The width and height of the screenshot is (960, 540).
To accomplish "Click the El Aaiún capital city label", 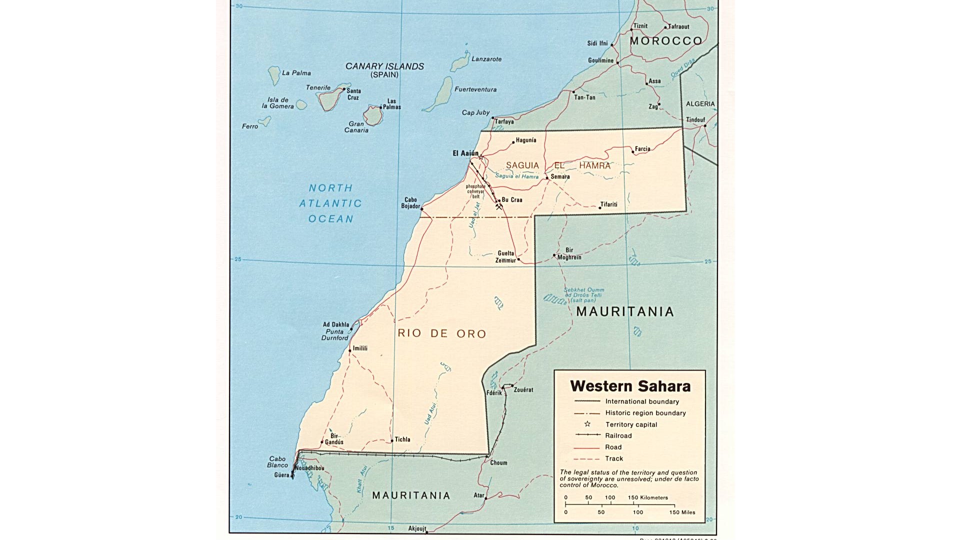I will pos(465,153).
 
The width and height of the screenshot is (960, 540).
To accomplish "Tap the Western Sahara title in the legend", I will pos(630,386).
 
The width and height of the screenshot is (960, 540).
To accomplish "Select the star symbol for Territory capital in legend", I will pos(587,424).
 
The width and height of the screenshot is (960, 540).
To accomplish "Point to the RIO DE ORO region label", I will pos(441,333).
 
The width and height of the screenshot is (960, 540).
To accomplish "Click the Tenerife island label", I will pos(318,87).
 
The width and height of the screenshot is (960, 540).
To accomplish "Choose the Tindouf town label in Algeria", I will pos(695,119).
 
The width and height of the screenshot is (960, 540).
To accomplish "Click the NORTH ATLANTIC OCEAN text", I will pos(330,203).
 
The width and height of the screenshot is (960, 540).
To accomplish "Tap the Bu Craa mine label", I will pos(512,199).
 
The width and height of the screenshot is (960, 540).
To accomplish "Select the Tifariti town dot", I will pos(600,207).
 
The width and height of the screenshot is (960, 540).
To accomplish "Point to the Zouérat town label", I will pos(523,389).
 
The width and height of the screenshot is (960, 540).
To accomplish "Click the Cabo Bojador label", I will pos(410,202).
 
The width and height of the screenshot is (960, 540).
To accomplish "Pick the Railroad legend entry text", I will pos(618,435).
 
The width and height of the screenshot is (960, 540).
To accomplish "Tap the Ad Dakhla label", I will pos(336,324).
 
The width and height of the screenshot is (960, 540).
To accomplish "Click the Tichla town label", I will pos(402,439).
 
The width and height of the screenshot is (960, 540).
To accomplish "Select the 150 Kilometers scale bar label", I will pos(647,497).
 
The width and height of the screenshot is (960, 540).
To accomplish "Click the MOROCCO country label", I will pos(665,41).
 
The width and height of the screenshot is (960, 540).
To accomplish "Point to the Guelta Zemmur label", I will pos(505,256).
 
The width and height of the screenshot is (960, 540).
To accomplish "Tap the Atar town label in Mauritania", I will pos(478,495).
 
